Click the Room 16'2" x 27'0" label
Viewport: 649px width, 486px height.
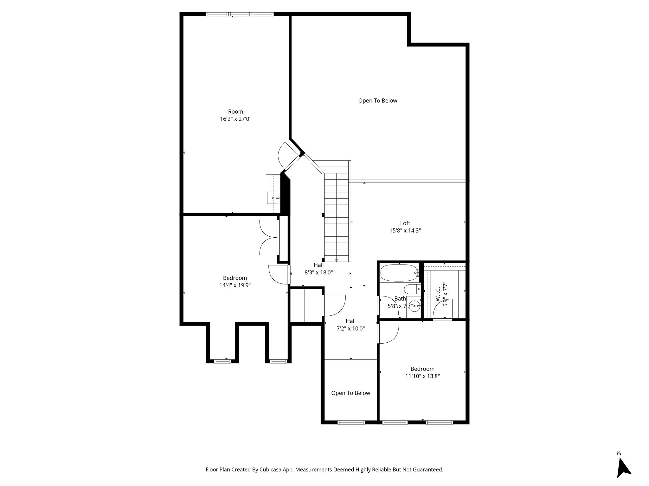click(235, 115)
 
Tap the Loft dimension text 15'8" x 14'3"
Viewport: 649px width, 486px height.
click(405, 231)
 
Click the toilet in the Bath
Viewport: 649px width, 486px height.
click(412, 289)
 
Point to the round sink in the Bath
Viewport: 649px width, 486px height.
click(414, 306)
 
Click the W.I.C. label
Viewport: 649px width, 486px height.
click(438, 294)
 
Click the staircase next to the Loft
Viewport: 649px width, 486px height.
click(337, 212)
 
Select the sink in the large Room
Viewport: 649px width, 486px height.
click(273, 198)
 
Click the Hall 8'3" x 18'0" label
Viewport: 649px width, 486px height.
click(318, 269)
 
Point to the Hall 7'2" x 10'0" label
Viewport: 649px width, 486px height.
click(350, 325)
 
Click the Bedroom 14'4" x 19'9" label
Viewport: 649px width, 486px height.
click(235, 282)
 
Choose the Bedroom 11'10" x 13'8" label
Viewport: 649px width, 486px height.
click(422, 372)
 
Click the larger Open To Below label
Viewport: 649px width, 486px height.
click(377, 101)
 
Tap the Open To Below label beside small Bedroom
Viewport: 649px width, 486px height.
click(350, 393)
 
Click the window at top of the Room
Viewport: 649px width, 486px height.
click(240, 14)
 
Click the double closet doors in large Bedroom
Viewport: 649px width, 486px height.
click(269, 237)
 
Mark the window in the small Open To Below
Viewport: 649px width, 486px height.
click(351, 422)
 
